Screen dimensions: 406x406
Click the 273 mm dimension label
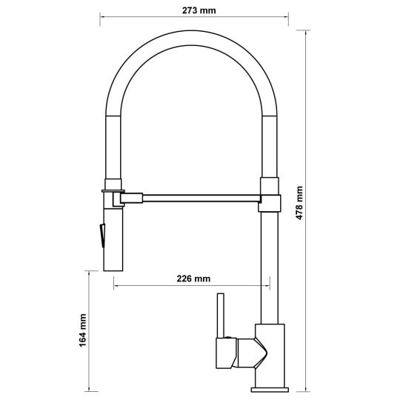tap(199, 10)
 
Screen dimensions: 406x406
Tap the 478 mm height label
tap(299, 203)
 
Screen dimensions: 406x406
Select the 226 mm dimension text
tap(193, 279)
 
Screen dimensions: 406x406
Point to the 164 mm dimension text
tap(82, 330)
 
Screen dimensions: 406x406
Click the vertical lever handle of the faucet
tap(221, 316)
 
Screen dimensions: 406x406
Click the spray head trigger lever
tap(102, 235)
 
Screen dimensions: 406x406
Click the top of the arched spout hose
tap(192, 38)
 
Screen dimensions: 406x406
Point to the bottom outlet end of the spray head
tap(113, 270)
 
